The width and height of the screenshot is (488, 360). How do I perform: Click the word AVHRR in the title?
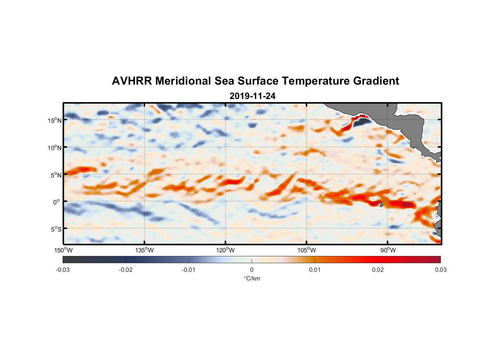pos(132,81)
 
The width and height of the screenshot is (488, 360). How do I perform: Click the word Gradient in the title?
pos(376,81)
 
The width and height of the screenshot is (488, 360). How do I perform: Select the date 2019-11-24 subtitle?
pos(252,96)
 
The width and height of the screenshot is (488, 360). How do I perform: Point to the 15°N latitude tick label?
pos(55,120)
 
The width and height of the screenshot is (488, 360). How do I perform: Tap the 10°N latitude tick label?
pos(55,148)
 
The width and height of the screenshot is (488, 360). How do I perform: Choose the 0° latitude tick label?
pos(57,202)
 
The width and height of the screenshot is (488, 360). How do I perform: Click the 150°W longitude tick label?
pos(64,250)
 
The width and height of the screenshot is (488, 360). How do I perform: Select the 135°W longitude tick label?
pos(145,250)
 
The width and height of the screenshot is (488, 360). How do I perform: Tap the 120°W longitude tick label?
pos(226,250)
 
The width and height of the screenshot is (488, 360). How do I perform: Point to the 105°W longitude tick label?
pos(307,250)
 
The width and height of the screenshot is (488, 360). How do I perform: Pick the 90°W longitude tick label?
pos(388,250)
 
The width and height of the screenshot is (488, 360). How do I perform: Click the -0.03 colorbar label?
pos(63,270)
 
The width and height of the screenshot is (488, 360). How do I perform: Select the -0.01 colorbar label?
pos(189,270)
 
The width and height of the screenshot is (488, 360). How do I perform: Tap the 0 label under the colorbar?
pos(252,270)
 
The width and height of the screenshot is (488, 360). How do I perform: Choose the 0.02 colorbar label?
pos(378,270)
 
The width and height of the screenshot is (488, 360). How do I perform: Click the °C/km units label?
pos(252,278)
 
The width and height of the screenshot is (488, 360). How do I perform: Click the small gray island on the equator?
pos(381,204)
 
